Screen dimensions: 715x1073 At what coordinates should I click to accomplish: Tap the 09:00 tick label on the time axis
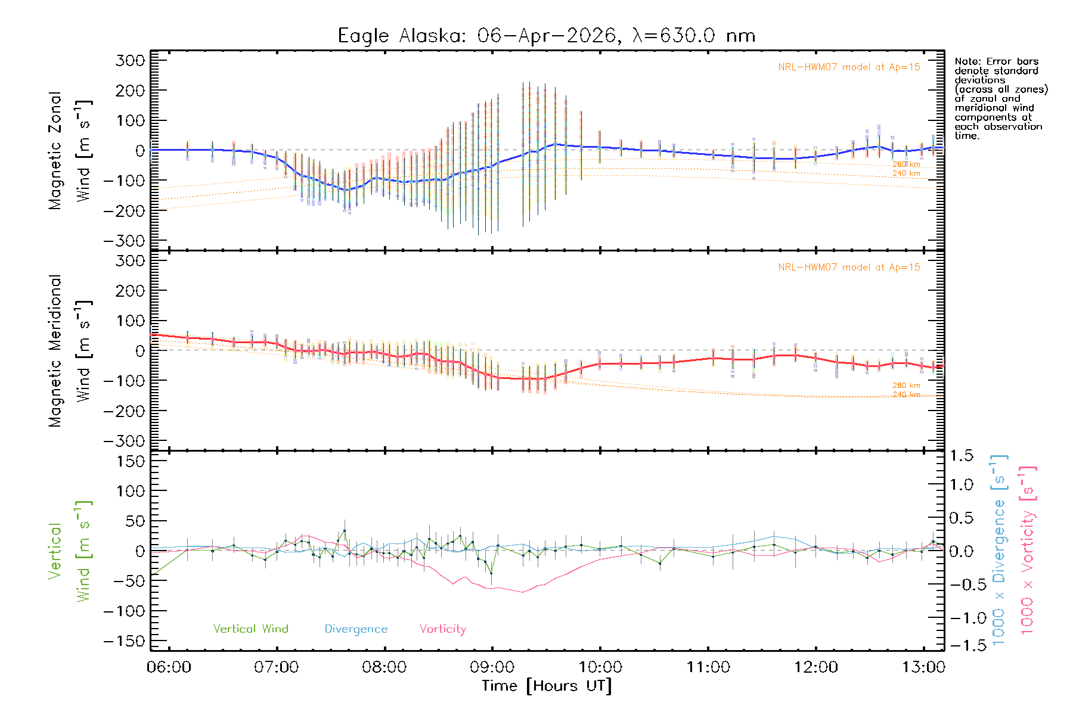(x=492, y=667)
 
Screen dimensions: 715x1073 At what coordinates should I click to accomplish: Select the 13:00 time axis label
(x=923, y=667)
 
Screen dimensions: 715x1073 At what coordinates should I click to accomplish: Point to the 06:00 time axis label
(x=169, y=667)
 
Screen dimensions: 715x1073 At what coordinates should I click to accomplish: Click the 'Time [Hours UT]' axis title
(x=546, y=686)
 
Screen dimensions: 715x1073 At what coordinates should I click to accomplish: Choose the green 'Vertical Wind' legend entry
(x=250, y=629)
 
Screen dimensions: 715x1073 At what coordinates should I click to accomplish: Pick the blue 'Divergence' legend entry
(x=356, y=629)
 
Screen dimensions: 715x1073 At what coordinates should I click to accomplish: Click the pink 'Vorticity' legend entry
(x=442, y=629)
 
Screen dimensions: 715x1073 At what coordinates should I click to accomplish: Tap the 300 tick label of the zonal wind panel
(x=131, y=60)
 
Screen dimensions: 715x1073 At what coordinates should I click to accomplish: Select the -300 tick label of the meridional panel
(x=125, y=441)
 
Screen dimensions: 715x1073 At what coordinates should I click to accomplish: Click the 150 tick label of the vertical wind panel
(x=131, y=461)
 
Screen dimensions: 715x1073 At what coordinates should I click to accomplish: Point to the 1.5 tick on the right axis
(x=962, y=456)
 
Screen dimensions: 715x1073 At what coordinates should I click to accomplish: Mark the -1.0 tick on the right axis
(x=962, y=618)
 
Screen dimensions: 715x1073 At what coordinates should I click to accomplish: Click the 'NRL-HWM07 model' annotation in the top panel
(x=849, y=67)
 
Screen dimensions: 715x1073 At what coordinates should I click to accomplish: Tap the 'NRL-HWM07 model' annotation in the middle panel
(x=849, y=268)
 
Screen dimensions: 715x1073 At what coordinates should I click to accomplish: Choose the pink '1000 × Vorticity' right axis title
(x=1028, y=550)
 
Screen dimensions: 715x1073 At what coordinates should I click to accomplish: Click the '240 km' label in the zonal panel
(x=906, y=173)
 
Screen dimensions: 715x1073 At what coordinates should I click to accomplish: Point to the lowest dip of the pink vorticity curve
(x=523, y=592)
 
